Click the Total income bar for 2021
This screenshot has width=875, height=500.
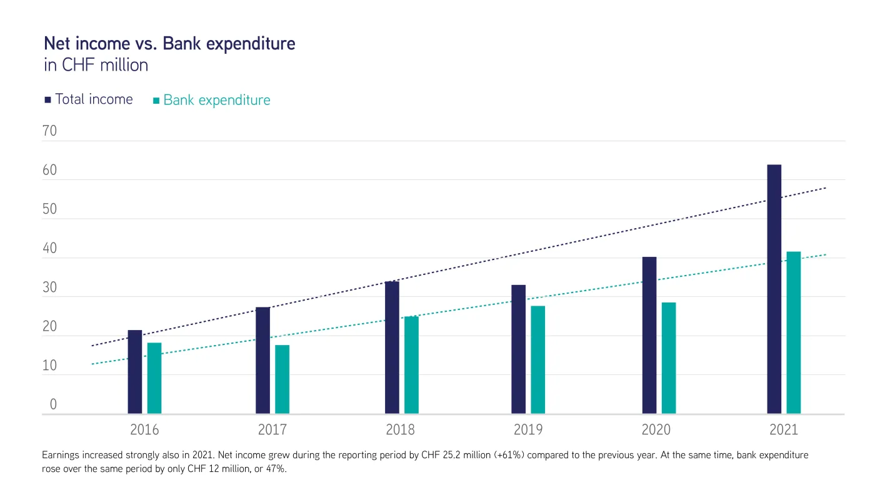point(774,289)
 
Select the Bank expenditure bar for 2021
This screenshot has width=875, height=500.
point(794,332)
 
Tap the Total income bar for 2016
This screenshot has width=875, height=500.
point(135,372)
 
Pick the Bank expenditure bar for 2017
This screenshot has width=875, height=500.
point(282,379)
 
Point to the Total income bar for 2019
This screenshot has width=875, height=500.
point(519,349)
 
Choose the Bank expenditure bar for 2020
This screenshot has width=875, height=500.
point(669,358)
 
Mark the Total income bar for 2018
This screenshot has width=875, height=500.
point(392,347)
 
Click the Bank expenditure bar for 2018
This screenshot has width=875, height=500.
point(411,365)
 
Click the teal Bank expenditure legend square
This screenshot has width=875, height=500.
point(156,101)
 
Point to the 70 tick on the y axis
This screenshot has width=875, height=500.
point(49,131)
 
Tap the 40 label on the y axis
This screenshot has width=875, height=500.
point(49,249)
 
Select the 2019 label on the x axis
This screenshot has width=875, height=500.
point(528,430)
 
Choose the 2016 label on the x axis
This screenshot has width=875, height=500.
point(144,430)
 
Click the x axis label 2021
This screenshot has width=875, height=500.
point(784,430)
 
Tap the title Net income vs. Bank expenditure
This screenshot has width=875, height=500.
point(169,44)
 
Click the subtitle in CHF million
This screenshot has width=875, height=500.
point(96,65)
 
